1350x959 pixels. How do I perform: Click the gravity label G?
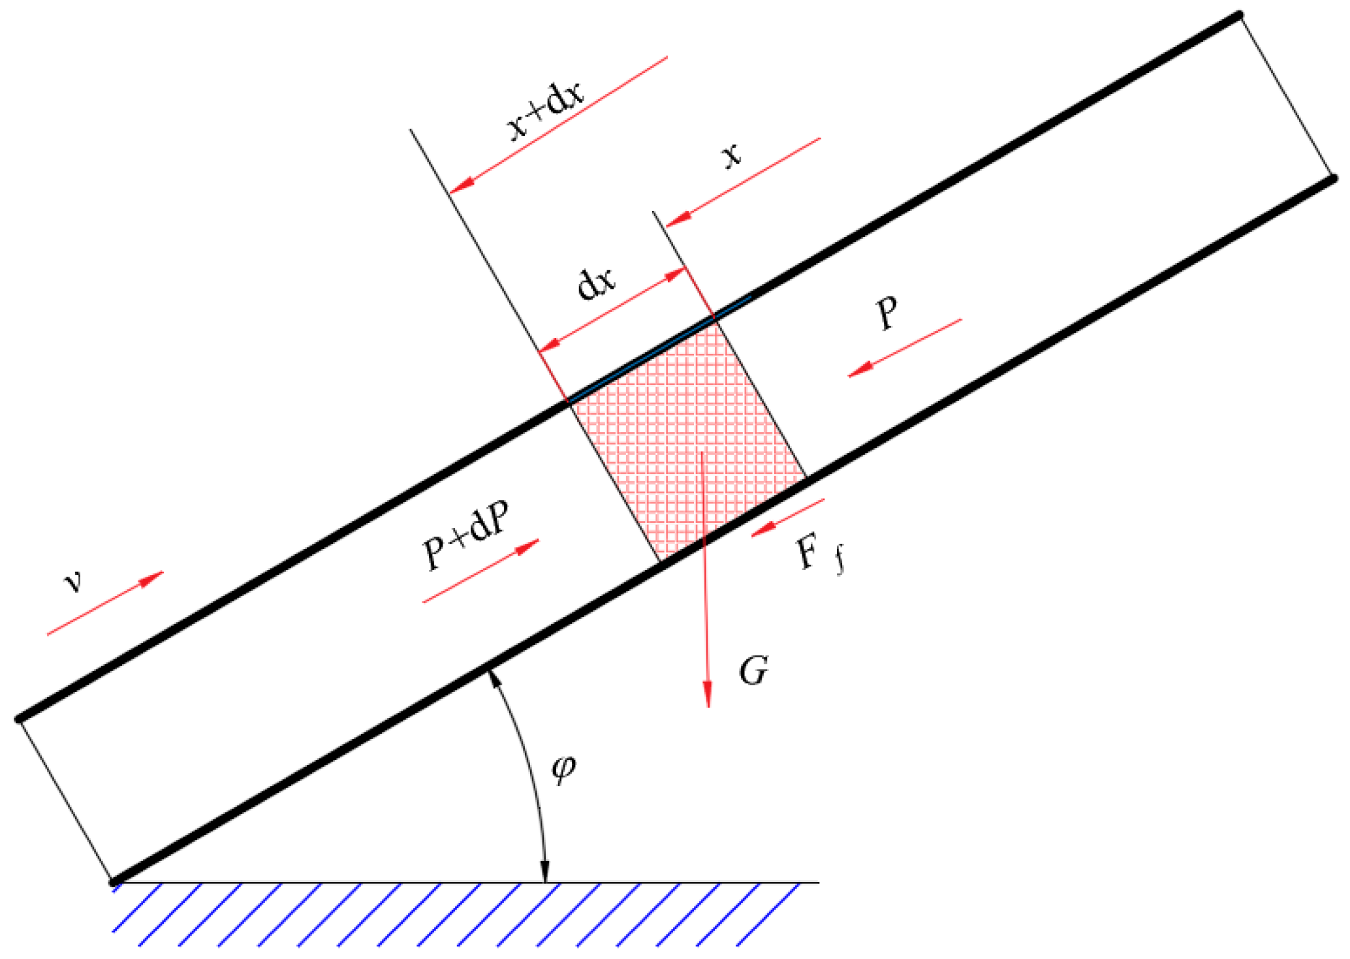click(x=753, y=670)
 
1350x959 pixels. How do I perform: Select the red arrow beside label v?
click(x=105, y=603)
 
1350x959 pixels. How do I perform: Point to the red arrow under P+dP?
click(x=481, y=571)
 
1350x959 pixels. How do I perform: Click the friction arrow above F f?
click(x=788, y=518)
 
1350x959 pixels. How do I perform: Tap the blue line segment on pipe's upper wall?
click(x=659, y=349)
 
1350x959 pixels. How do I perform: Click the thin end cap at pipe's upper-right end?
click(x=1285, y=96)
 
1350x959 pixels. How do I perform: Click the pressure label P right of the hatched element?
click(x=887, y=313)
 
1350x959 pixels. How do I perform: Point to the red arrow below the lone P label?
click(x=904, y=348)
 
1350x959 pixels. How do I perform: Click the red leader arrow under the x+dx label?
click(x=559, y=124)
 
